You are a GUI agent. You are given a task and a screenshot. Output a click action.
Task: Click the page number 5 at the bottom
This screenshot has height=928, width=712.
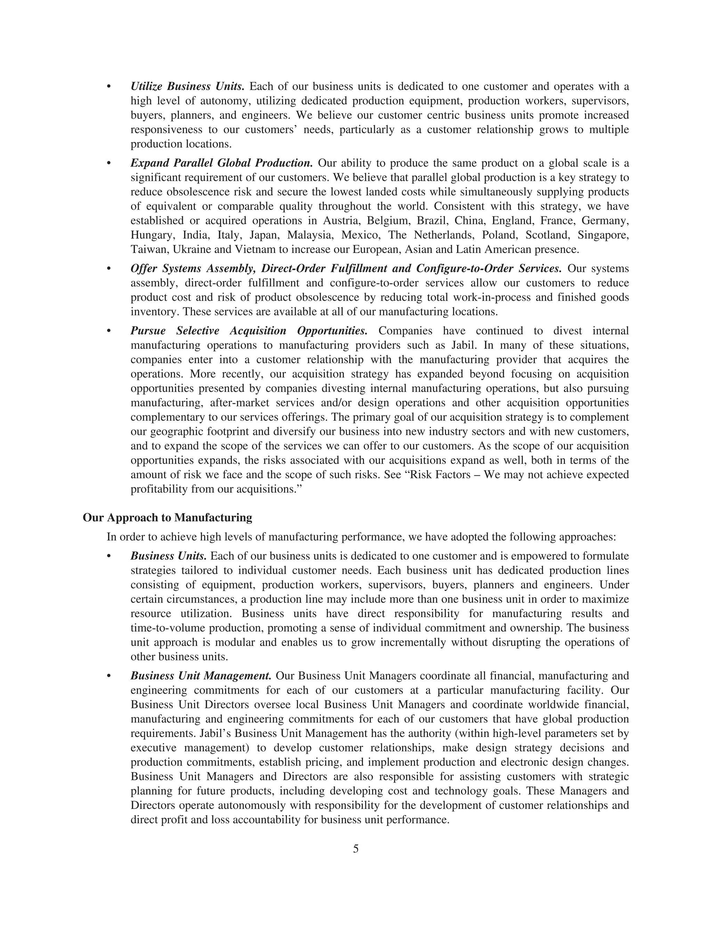click(356, 849)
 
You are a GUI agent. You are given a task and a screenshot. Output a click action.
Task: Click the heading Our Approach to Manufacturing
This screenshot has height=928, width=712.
click(168, 517)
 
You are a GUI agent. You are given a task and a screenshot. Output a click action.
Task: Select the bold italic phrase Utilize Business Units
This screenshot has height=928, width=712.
click(187, 87)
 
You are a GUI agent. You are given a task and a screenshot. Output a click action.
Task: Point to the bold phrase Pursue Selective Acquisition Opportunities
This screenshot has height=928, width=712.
click(249, 331)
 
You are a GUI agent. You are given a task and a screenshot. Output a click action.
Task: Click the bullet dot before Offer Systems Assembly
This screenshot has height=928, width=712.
click(109, 269)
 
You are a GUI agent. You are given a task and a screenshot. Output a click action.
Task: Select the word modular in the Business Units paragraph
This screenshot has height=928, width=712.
click(233, 643)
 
